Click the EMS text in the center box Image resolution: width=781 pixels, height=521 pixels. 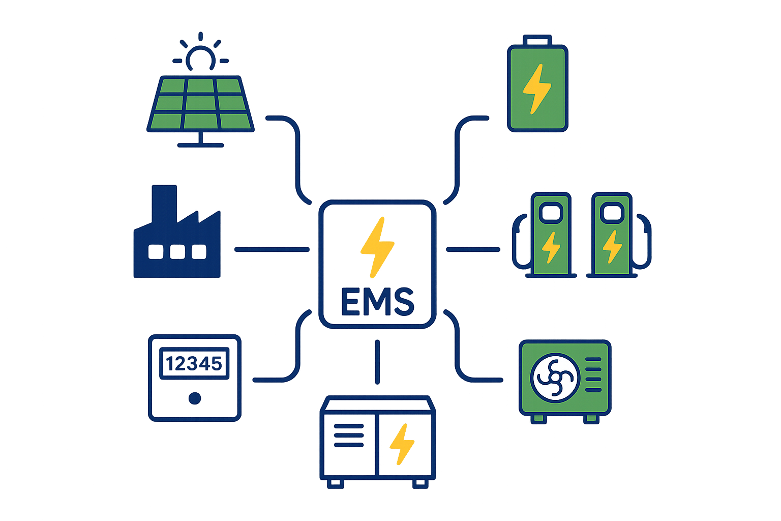point(377,302)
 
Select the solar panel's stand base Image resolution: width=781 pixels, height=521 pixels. point(200,145)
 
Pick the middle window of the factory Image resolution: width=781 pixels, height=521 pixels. point(177,251)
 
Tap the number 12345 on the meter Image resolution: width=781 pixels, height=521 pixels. point(194,364)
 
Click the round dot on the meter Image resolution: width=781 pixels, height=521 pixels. point(194,398)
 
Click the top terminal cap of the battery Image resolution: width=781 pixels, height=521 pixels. point(537,40)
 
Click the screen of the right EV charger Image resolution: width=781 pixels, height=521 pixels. point(612,211)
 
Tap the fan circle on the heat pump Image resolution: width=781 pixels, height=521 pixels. point(555,378)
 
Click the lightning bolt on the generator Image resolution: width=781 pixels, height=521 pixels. point(402,444)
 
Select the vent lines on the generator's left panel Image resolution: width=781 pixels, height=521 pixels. point(349,436)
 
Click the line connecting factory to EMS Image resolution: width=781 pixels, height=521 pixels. point(272,249)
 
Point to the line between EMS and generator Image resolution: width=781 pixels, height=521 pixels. point(377,362)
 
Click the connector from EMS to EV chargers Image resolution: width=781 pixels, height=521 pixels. point(473,249)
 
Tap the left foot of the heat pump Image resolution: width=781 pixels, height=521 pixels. point(538,419)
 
